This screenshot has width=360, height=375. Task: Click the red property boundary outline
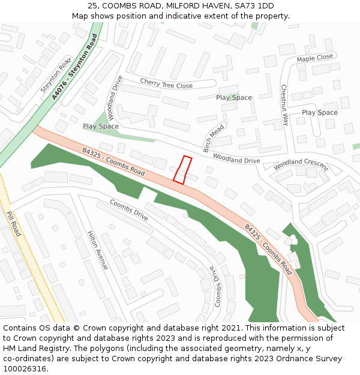(182, 169)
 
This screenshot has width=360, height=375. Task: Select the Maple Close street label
(314, 58)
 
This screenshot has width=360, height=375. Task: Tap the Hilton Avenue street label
(97, 250)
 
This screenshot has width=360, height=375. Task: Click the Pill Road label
(13, 223)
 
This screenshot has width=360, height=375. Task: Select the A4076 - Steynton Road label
(74, 67)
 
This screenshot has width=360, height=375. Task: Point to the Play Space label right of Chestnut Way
(319, 112)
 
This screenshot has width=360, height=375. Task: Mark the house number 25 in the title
(91, 6)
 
